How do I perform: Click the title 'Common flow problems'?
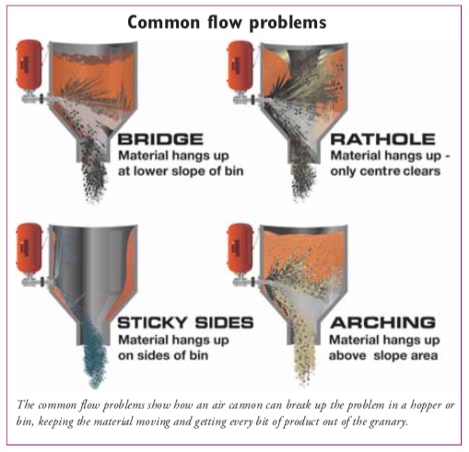click(227, 22)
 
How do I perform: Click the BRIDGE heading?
click(160, 139)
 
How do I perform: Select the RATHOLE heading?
click(382, 139)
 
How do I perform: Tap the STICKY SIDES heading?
click(185, 322)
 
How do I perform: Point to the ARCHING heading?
click(383, 322)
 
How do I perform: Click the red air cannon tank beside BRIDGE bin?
click(29, 64)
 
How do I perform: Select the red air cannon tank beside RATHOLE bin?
click(240, 65)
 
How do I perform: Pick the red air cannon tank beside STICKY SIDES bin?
click(29, 248)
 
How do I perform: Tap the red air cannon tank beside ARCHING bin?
click(240, 248)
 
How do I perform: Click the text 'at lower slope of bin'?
click(181, 171)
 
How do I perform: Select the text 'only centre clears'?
click(385, 171)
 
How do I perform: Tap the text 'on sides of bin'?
click(163, 355)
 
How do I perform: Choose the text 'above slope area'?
click(383, 355)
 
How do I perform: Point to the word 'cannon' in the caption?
click(245, 405)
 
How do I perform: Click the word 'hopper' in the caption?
click(426, 406)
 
